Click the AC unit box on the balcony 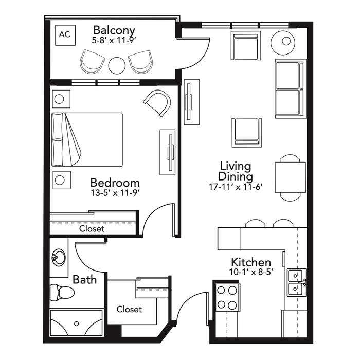(65, 35)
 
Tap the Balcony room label (114, 30)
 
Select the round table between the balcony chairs (117, 65)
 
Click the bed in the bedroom (87, 139)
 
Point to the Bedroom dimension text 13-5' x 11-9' (115, 193)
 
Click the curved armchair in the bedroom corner (157, 103)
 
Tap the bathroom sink (59, 257)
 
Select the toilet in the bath (62, 292)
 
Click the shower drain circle (77, 323)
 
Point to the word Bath (84, 280)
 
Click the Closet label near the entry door (129, 309)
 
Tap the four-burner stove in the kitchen (227, 298)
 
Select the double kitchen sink (297, 283)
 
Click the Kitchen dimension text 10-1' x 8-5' (251, 272)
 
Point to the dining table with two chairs (290, 178)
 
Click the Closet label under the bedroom (92, 229)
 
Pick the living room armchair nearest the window (246, 45)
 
